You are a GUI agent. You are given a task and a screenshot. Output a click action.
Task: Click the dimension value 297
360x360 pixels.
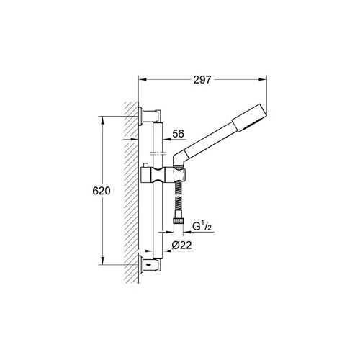[202, 81]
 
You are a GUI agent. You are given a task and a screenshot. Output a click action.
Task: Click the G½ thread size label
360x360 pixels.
[199, 228]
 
